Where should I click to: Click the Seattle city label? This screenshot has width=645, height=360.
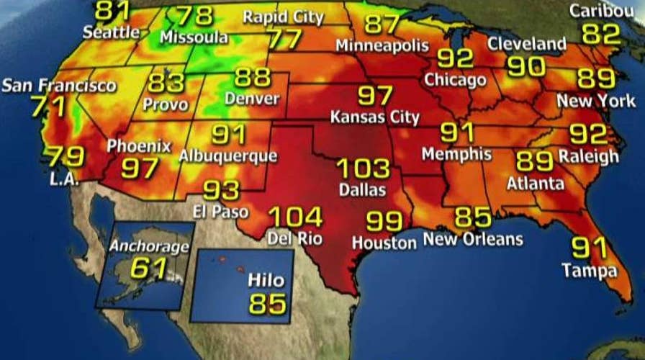pos(111,32)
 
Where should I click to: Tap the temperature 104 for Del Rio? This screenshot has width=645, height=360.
pos(295,217)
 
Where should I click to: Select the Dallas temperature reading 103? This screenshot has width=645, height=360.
pos(363,169)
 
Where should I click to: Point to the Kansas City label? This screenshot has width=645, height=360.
pos(374,117)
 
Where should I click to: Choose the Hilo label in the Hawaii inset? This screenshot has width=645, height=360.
pos(266,280)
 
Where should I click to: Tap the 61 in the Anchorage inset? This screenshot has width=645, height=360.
pos(148,269)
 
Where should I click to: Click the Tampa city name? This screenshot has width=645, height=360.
pos(590,271)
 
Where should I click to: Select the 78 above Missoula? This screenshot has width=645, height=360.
pos(195,14)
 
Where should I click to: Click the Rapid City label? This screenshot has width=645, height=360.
pos(284,16)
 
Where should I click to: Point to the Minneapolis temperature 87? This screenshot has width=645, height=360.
pos(382,23)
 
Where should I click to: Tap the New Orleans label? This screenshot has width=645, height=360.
pos(472,239)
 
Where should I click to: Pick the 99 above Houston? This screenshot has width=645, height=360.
pos(385,221)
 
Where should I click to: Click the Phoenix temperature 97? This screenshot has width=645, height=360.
pos(140,168)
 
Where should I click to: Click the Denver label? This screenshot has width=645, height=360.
pos(251,99)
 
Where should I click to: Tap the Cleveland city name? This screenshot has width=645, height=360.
pos(527,44)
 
